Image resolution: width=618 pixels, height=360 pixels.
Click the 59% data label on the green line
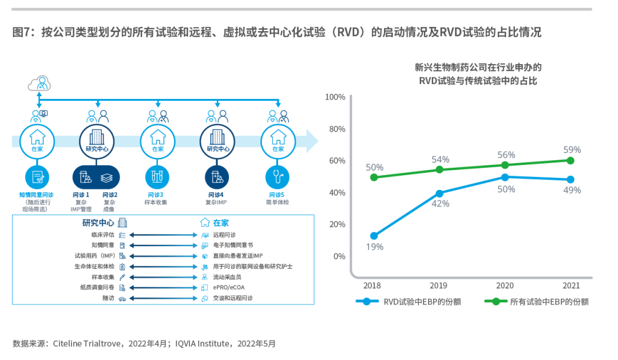572,150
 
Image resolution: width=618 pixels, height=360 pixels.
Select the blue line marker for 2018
374,236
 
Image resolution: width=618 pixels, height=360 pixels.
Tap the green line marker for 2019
439,169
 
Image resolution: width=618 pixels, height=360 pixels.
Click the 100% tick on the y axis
335,97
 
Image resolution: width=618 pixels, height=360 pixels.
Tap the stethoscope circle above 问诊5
278,177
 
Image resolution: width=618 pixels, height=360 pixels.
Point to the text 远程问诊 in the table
224,235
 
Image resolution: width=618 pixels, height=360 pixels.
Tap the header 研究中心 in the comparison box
98,223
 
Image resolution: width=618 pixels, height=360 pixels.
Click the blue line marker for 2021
571,179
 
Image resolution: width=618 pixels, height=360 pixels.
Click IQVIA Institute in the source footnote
203,344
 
